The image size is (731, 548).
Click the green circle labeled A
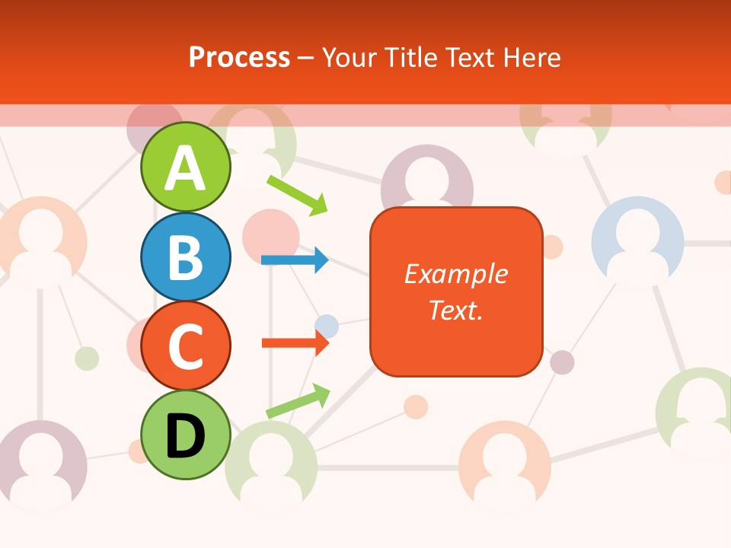tap(185, 167)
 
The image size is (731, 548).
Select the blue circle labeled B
tap(185, 256)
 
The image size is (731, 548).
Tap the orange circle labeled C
tap(185, 346)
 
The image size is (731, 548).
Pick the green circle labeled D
tap(185, 435)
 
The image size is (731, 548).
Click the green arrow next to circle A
tap(297, 195)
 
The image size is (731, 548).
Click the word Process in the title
tap(239, 57)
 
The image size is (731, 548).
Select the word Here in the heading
tap(533, 57)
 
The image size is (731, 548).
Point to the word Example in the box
tap(456, 274)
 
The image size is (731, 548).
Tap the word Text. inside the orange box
tap(456, 310)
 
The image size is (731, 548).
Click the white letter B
tap(185, 257)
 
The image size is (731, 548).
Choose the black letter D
tap(185, 435)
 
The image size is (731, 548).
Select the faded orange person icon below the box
tap(504, 465)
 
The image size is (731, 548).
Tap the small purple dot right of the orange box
tap(562, 362)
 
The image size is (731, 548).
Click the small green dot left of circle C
tap(87, 358)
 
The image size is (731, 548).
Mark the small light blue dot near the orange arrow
tap(327, 326)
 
